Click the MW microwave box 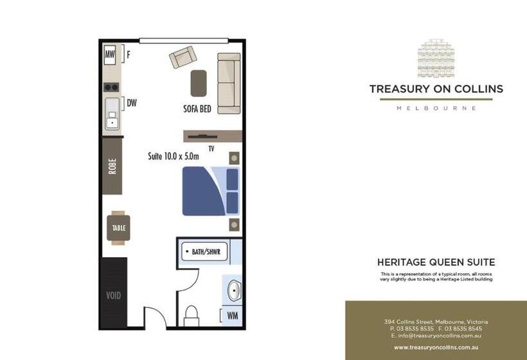tap(110, 55)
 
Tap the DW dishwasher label tap(132, 102)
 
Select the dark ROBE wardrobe tap(112, 166)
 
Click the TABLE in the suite tap(118, 228)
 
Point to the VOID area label tap(113, 296)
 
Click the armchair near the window tap(183, 58)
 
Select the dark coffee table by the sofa tap(199, 83)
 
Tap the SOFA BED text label tap(197, 109)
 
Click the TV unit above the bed tap(212, 136)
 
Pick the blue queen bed tap(210, 191)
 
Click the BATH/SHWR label tap(206, 252)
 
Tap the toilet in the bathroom tap(192, 314)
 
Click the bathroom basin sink tap(233, 291)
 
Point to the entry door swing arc tap(155, 317)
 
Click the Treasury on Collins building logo tap(436, 60)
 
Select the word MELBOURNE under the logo tap(436, 108)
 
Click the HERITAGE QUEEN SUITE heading tap(436, 262)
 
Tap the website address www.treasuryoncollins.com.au tap(436, 347)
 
